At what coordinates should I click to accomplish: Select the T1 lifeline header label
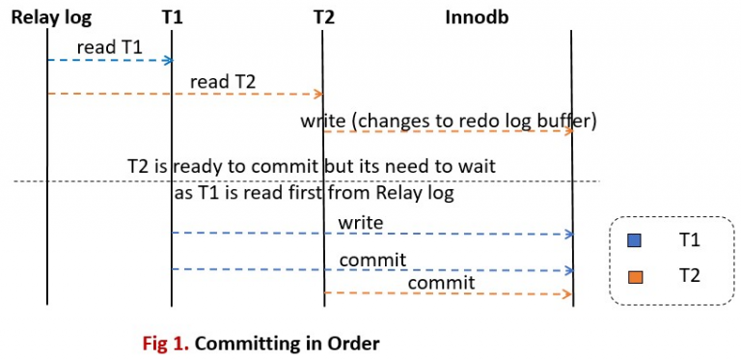173,16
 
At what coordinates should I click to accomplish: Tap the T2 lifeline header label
324,16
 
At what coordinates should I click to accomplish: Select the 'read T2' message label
223,81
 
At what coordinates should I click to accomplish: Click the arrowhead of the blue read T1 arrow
167,60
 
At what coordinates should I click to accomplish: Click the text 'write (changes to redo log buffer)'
450,121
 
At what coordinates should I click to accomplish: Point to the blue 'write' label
361,223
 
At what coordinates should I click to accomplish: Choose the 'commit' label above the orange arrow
441,282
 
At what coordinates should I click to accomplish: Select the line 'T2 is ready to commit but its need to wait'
311,166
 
